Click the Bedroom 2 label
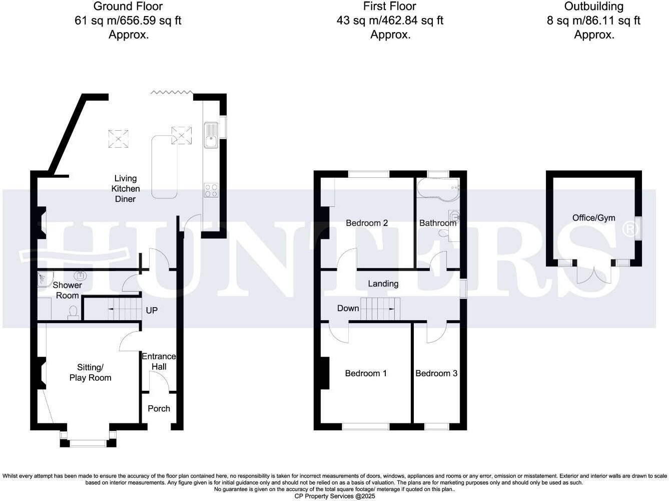pyautogui.click(x=367, y=223)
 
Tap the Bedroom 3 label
pyautogui.click(x=436, y=373)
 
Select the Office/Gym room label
pyautogui.click(x=594, y=218)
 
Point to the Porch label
pyautogui.click(x=159, y=408)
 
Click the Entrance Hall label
pyautogui.click(x=159, y=361)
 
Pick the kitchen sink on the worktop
pyautogui.click(x=211, y=135)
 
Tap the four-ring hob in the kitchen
pyautogui.click(x=211, y=190)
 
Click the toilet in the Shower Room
pyautogui.click(x=74, y=312)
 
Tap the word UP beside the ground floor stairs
pyautogui.click(x=152, y=310)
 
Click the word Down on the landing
pyautogui.click(x=348, y=308)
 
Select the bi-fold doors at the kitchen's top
pyautogui.click(x=172, y=92)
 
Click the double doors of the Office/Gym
pyautogui.click(x=593, y=275)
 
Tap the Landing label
pyautogui.click(x=383, y=284)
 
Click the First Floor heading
pyautogui.click(x=390, y=7)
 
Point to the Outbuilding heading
pyautogui.click(x=593, y=7)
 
